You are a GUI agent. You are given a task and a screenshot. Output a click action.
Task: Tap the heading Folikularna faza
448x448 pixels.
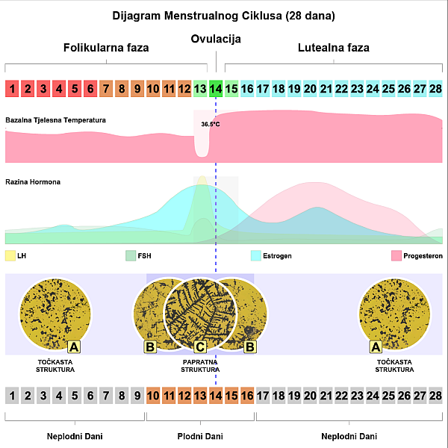point(106,48)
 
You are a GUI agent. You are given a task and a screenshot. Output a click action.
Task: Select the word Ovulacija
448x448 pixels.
point(216,39)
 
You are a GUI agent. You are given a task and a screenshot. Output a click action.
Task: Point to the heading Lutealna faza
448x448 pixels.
point(334,48)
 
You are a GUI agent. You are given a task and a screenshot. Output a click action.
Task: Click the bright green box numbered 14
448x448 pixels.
point(216,89)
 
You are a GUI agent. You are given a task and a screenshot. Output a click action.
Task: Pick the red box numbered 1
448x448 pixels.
point(12,89)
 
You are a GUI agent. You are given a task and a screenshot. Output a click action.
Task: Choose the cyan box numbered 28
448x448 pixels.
point(435,89)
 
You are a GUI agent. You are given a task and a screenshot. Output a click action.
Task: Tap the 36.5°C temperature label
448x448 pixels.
point(211,124)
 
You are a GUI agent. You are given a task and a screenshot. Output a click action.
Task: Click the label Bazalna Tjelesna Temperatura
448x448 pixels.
point(55,120)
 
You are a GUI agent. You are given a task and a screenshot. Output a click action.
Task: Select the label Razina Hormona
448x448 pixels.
point(33,182)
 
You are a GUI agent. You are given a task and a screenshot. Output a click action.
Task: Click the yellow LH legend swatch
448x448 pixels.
point(10,255)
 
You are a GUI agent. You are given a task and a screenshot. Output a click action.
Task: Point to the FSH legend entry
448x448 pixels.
point(138,255)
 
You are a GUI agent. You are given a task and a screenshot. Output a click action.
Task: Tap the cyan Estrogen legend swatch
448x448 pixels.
point(256,255)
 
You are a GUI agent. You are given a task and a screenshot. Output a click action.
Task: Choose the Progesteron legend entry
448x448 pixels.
point(417,255)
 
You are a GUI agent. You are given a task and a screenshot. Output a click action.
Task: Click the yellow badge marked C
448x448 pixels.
point(200,347)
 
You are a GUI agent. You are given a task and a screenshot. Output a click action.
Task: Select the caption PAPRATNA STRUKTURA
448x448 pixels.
point(200,366)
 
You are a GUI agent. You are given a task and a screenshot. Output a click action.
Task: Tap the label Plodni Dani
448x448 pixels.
point(200,436)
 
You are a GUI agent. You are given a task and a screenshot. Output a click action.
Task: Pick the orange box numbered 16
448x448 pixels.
point(247,396)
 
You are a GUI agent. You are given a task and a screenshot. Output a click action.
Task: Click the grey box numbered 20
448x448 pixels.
point(310,396)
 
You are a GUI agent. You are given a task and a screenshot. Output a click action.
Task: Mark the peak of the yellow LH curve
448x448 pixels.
point(202,176)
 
